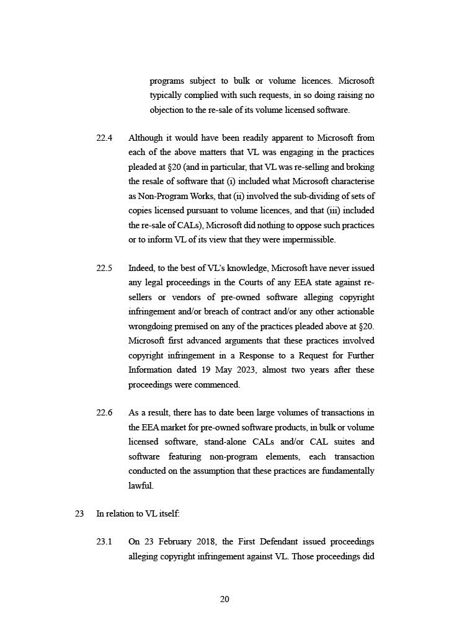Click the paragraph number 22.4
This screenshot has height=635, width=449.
click(x=104, y=138)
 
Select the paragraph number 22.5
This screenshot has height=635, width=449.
click(x=104, y=268)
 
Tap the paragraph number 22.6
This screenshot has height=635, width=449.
click(x=104, y=412)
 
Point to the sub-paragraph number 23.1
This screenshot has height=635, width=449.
click(x=104, y=542)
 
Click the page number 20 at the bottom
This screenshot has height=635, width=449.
click(x=225, y=599)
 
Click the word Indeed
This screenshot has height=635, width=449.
click(x=142, y=268)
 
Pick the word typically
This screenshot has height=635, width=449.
click(x=167, y=96)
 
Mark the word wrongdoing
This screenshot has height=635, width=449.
click(x=153, y=326)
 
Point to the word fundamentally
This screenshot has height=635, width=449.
click(x=347, y=471)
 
